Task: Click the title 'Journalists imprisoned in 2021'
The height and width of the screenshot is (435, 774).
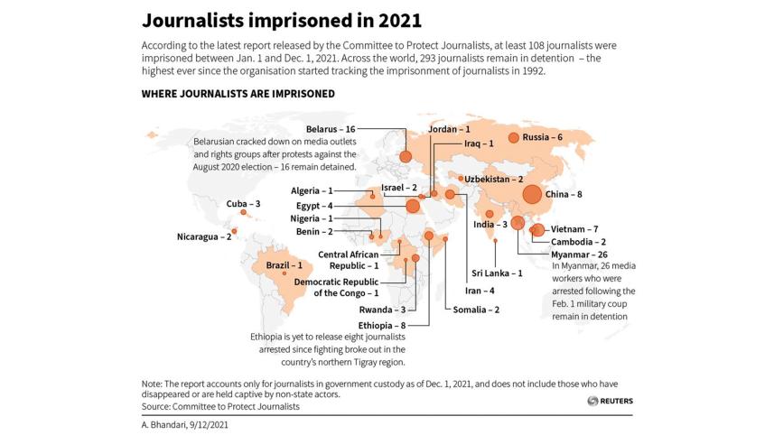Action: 282,20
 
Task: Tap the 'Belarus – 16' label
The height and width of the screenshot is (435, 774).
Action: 330,129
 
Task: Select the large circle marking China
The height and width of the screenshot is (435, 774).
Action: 531,194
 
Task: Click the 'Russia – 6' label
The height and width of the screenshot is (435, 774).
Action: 543,137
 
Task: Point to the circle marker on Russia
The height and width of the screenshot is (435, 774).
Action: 514,137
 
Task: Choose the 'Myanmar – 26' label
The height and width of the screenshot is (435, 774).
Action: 579,255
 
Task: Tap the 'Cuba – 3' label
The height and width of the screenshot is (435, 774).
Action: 243,204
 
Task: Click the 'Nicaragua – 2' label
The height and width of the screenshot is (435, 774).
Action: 204,237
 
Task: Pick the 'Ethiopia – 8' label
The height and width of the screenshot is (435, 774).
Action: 382,324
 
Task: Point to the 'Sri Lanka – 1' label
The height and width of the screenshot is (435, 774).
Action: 497,273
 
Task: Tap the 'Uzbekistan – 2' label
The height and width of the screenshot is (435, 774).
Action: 495,179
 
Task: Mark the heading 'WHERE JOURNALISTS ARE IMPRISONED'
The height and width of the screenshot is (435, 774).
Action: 238,93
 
